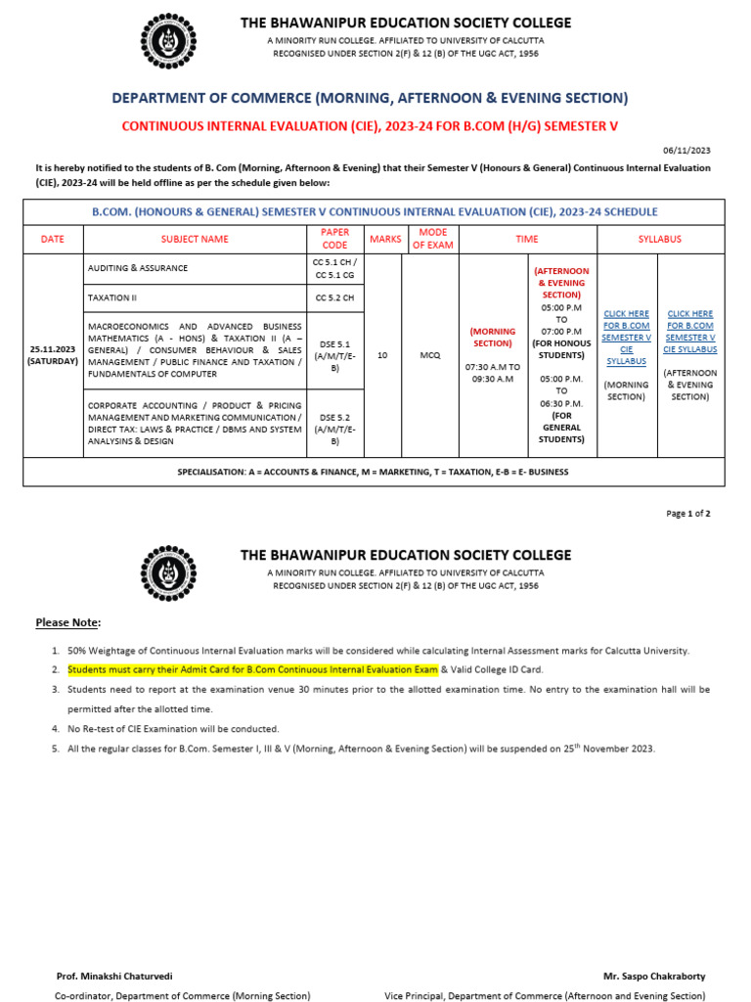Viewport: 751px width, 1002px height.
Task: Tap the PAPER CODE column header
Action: click(x=334, y=239)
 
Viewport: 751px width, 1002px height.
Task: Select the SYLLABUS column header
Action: click(x=660, y=239)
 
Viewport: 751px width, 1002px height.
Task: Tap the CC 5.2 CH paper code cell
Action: click(x=334, y=298)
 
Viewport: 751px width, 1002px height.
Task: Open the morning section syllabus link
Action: click(x=627, y=336)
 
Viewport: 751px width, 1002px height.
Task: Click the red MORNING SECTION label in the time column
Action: click(x=493, y=337)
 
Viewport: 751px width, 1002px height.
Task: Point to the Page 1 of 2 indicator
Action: click(x=688, y=514)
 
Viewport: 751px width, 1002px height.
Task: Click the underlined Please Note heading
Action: click(x=67, y=622)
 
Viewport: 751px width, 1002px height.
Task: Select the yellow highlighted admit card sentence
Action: click(x=252, y=669)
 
